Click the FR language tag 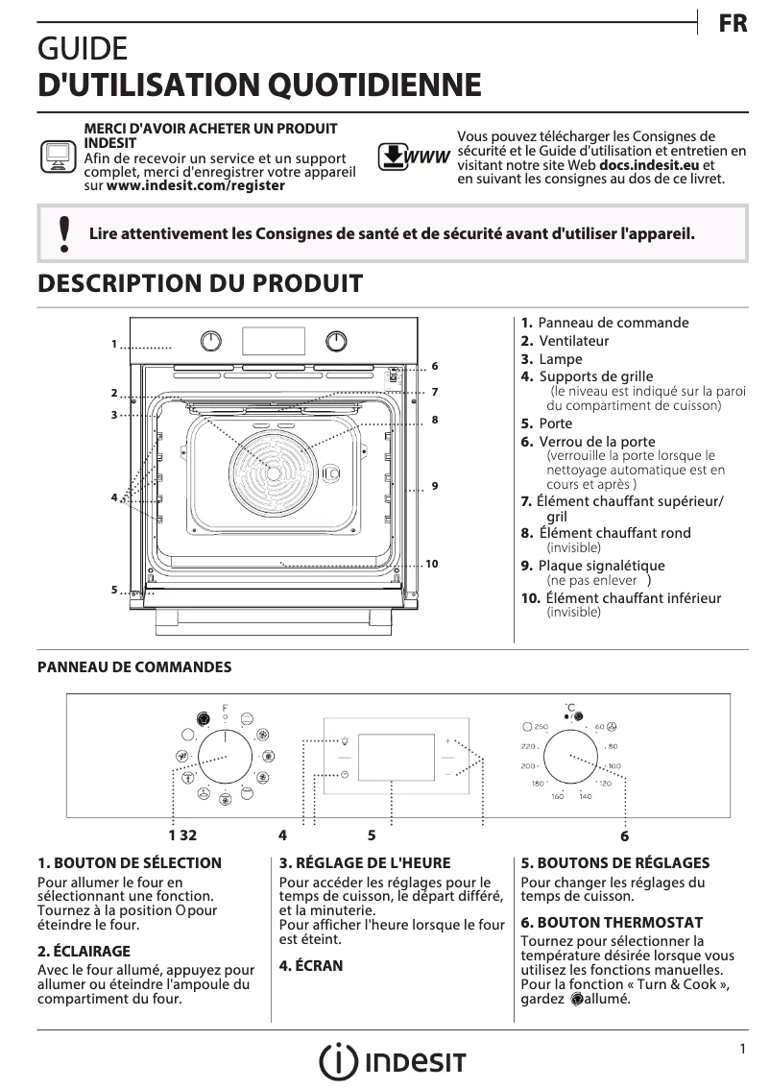(733, 24)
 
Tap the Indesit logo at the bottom (393, 1061)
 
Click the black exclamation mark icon (63, 233)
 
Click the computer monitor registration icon (58, 157)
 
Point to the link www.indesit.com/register (196, 185)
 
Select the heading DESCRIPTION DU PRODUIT (200, 283)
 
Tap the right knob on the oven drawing (336, 340)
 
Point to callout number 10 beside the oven (431, 564)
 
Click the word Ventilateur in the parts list (573, 341)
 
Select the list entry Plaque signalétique (601, 566)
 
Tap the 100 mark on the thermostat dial (614, 765)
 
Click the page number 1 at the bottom (743, 1050)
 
